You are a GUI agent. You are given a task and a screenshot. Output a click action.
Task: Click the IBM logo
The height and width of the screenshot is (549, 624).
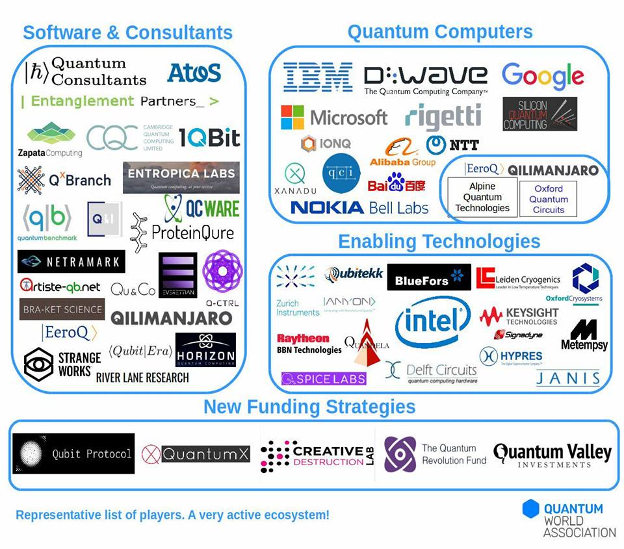[318, 77]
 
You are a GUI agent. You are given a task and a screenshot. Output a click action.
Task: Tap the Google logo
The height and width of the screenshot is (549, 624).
[543, 77]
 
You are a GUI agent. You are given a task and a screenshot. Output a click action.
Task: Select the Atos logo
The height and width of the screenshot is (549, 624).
[194, 73]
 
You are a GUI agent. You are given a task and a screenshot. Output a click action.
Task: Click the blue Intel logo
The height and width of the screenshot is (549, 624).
[433, 322]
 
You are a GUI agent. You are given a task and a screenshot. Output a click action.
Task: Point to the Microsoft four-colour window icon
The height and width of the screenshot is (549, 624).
[292, 118]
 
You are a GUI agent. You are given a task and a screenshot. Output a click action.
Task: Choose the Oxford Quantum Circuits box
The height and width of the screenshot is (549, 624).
[548, 199]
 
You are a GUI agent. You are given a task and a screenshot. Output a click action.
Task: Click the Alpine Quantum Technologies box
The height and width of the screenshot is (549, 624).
[482, 198]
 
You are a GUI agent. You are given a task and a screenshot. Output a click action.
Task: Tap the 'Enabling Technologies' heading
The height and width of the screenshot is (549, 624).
[439, 242]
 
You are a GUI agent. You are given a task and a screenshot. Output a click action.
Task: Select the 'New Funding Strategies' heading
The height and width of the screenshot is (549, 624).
[309, 407]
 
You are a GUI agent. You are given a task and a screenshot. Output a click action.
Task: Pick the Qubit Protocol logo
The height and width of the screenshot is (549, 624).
[73, 453]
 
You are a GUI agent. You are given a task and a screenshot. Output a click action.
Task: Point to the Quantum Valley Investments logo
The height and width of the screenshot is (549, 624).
[552, 454]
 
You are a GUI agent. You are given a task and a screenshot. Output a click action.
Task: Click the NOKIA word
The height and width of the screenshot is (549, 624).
[327, 207]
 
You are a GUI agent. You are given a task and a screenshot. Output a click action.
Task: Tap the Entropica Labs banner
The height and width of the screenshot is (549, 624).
[181, 177]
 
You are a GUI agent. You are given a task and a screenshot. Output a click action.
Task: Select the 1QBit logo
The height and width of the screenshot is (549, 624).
[209, 138]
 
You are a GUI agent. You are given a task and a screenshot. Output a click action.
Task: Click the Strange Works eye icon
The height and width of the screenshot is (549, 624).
[38, 364]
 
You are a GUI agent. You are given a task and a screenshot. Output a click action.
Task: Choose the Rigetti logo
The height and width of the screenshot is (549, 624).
[443, 117]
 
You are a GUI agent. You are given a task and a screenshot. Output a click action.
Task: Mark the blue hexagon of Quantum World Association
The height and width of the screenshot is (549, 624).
[531, 509]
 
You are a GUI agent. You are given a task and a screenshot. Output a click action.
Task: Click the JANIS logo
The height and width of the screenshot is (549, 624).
[568, 378]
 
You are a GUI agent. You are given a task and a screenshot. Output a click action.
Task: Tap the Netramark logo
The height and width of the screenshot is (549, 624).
[71, 262]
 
